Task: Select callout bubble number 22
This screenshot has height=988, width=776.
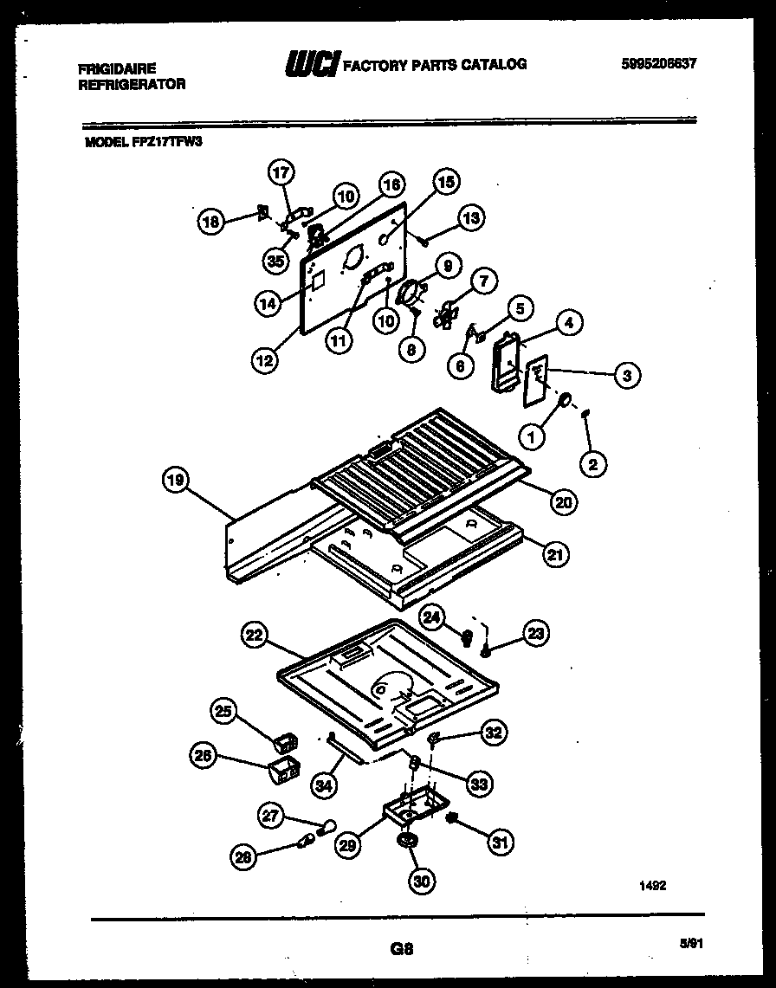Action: pyautogui.click(x=252, y=636)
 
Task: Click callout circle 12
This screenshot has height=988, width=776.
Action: pyautogui.click(x=266, y=358)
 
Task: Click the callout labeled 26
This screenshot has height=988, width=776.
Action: pyautogui.click(x=203, y=757)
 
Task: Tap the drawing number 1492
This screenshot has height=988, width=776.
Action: pyautogui.click(x=654, y=885)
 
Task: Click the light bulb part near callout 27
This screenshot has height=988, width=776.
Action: pyautogui.click(x=327, y=828)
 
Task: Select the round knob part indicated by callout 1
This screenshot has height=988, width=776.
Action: pyautogui.click(x=563, y=400)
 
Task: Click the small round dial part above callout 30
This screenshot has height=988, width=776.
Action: pyautogui.click(x=404, y=842)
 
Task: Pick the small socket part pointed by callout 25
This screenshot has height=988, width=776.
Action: pyautogui.click(x=287, y=742)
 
